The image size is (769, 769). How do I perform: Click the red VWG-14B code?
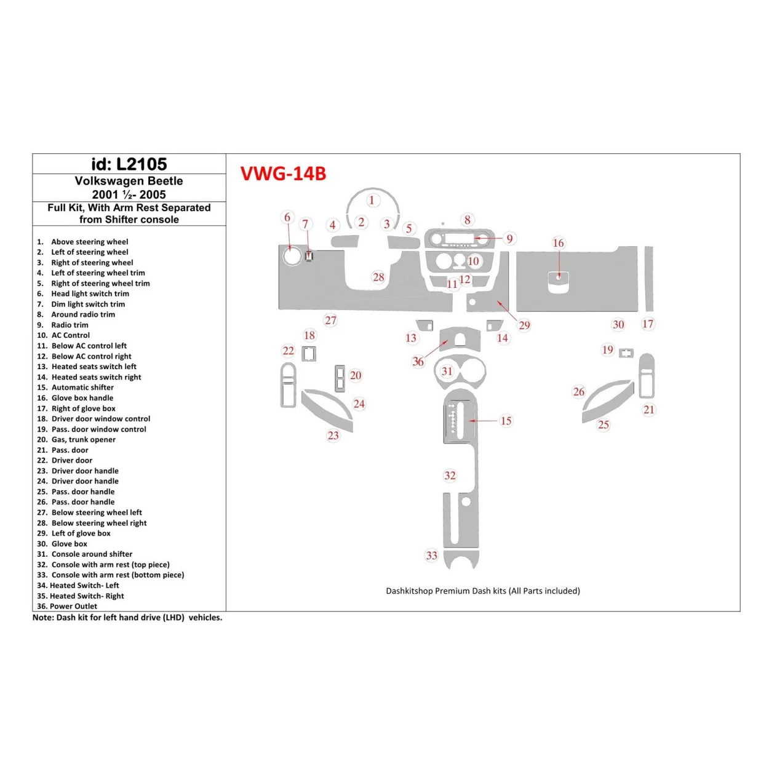283,174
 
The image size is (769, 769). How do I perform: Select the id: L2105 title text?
129,164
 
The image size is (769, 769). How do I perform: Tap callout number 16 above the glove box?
558,243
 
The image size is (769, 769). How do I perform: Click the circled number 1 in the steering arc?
372,200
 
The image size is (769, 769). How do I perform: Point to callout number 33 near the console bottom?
432,556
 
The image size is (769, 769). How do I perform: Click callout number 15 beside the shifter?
506,421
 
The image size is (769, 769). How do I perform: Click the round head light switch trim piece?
292,256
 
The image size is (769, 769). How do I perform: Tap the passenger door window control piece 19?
626,353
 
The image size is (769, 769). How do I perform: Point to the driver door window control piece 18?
309,354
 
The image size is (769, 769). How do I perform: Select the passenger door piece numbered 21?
646,376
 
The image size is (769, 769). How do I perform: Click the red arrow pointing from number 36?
435,349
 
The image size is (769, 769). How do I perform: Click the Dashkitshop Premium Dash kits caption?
483,591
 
